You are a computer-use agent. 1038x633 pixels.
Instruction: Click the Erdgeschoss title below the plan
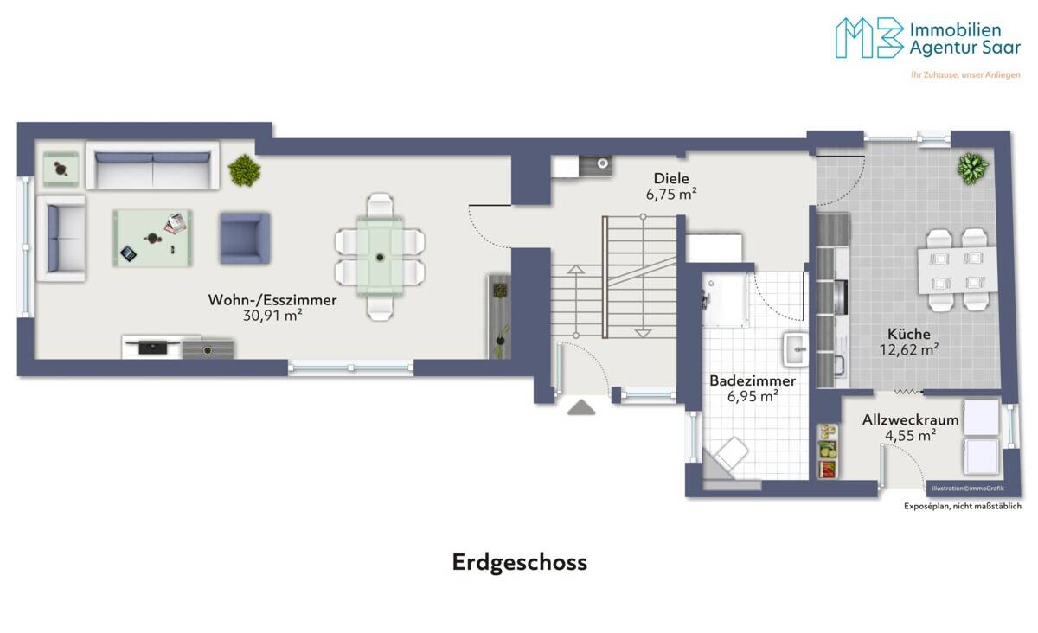click(519, 562)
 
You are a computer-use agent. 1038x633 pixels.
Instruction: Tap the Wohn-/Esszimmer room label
click(272, 300)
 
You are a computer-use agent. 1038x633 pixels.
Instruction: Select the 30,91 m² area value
click(272, 316)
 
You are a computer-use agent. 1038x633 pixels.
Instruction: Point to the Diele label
click(671, 178)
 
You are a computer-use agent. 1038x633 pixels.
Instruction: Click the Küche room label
click(907, 334)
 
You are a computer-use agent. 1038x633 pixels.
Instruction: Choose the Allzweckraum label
click(910, 420)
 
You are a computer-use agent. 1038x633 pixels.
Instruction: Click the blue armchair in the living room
click(244, 238)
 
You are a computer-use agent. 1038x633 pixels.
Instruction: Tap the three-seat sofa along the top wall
click(152, 166)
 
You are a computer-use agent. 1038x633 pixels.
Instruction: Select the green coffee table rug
click(152, 238)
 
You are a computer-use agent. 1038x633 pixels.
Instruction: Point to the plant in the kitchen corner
click(972, 167)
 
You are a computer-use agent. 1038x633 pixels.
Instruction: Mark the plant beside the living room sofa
click(244, 170)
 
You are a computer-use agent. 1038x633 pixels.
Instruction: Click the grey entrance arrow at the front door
click(580, 407)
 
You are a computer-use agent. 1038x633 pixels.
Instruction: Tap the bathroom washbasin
click(794, 350)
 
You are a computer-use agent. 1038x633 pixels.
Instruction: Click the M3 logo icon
click(868, 38)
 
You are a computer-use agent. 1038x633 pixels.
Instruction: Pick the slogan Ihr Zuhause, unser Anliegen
click(965, 75)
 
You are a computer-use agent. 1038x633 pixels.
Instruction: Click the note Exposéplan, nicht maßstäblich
click(962, 507)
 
